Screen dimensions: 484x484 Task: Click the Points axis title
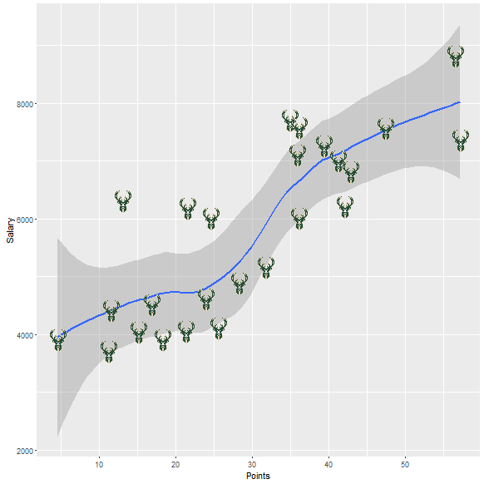tap(258, 475)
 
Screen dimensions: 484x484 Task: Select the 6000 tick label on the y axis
tap(22, 220)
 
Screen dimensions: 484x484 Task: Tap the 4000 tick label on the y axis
tap(22, 335)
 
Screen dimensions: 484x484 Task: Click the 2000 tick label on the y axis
tap(22, 451)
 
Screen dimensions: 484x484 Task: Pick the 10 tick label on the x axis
tap(99, 463)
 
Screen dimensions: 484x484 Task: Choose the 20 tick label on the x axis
tap(175, 463)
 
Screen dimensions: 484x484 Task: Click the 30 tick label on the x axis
tap(252, 463)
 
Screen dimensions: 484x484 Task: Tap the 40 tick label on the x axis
tap(328, 463)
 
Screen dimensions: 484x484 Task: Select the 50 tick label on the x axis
tap(405, 463)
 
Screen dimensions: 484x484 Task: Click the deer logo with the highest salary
tap(455, 57)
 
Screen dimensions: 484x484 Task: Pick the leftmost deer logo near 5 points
tap(57, 339)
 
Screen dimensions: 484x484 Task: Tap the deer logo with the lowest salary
tap(109, 352)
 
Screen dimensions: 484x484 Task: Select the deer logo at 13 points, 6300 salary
tap(123, 201)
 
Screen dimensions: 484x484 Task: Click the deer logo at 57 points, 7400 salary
tap(461, 141)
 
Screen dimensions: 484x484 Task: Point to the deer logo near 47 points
tap(386, 128)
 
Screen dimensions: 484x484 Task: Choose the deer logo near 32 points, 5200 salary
tap(266, 267)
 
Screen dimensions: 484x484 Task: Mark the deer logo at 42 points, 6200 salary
tap(345, 206)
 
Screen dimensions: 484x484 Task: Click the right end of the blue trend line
tap(460, 102)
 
